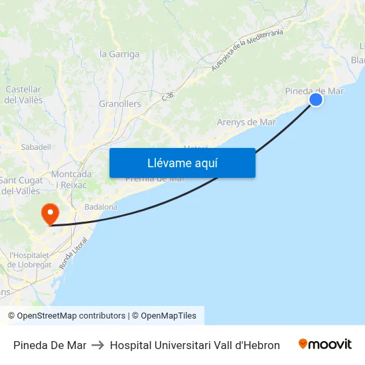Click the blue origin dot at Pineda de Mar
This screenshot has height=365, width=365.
[316, 100]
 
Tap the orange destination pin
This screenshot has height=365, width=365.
[50, 214]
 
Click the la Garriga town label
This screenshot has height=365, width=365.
[119, 54]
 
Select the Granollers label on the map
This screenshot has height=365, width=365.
[120, 104]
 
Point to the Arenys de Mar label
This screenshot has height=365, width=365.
[246, 122]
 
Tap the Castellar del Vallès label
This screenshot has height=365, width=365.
[23, 94]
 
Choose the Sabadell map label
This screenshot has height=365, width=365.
[36, 147]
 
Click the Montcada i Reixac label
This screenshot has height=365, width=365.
[71, 179]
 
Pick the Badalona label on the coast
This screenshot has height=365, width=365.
[101, 207]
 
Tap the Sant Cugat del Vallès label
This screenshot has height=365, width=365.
[21, 186]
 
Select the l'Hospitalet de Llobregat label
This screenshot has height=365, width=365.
[30, 259]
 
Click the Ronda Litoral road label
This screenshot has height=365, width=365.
[72, 253]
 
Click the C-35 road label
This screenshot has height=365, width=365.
[168, 96]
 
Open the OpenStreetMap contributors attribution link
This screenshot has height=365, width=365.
[71, 316]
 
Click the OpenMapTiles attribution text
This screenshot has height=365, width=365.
[169, 316]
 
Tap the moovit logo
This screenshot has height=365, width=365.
[325, 344]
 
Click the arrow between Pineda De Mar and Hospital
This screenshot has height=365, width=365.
[98, 345]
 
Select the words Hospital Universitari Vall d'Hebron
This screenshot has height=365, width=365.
[194, 345]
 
